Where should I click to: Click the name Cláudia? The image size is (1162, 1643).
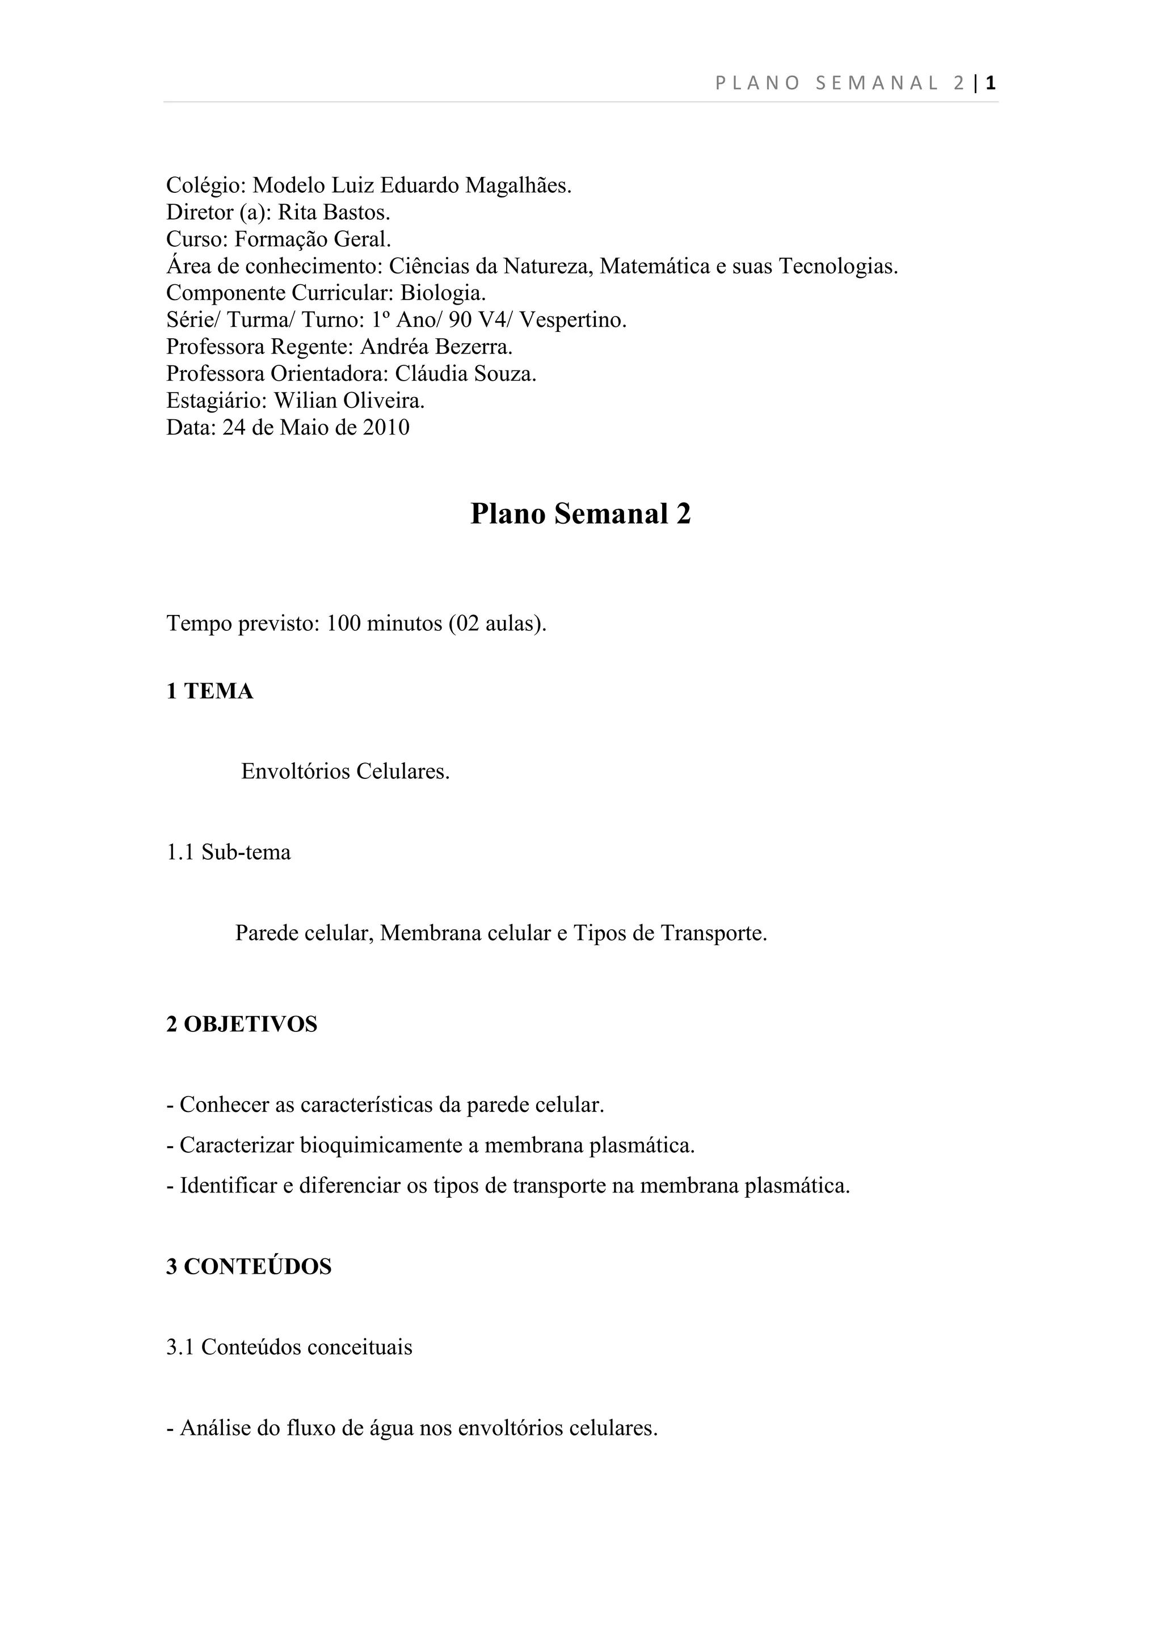433,374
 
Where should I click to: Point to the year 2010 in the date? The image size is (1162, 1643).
386,428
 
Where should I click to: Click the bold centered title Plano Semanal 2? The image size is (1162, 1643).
580,514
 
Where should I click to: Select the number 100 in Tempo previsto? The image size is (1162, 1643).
343,624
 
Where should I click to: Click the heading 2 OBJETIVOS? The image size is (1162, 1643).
242,1024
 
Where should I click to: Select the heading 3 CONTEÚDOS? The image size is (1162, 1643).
249,1267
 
